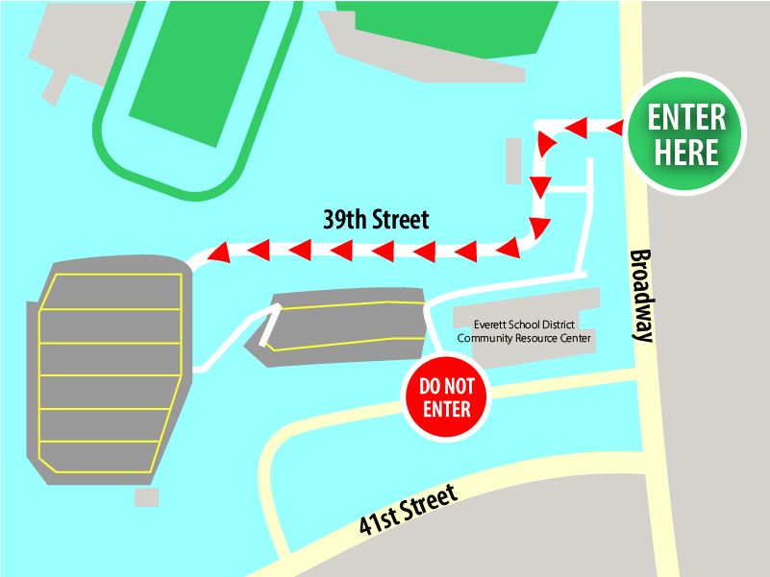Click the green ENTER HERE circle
click(686, 135)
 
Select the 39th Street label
click(375, 220)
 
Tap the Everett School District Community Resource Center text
click(524, 331)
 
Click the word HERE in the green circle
click(686, 153)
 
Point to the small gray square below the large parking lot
click(146, 496)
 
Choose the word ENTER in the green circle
click(686, 118)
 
